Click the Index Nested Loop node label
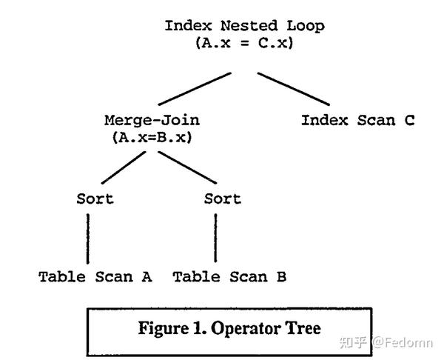pos(244,26)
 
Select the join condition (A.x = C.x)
pos(244,43)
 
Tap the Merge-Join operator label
pos(152,120)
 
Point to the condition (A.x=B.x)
pos(152,137)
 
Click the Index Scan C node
pos(357,120)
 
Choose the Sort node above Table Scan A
pos(95,199)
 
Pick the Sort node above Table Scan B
pos(223,199)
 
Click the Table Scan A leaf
pos(95,277)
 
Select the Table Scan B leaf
pos(229,277)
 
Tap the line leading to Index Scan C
pos(293,88)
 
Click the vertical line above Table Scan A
pos(88,238)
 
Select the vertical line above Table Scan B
pos(216,238)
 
